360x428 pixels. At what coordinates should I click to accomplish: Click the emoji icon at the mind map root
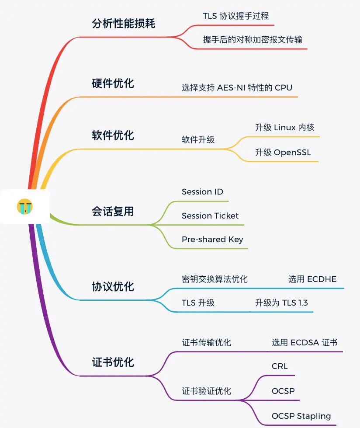25,206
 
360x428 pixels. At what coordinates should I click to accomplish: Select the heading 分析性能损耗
124,23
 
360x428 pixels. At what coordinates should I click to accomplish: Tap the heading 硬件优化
113,83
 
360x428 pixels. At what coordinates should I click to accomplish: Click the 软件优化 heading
113,135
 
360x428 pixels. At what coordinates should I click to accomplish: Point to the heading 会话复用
113,212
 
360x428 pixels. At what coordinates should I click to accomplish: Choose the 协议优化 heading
113,287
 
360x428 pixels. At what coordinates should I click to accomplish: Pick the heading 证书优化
113,362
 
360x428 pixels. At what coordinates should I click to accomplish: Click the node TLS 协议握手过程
235,16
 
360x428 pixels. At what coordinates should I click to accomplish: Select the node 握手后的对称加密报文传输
253,39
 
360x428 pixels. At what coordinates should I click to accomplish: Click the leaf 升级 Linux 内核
284,128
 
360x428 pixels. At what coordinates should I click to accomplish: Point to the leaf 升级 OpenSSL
283,153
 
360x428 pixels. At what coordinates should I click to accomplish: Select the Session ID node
202,192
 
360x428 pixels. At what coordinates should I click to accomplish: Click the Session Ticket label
210,216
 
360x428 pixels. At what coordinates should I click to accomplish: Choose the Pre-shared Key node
212,240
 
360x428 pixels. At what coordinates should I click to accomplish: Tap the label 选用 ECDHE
312,279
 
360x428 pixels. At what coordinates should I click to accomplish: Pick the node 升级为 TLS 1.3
282,303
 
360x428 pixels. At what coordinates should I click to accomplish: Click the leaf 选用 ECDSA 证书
305,342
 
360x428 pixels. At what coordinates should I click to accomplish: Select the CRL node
280,366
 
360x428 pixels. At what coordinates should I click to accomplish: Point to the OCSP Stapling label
301,416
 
